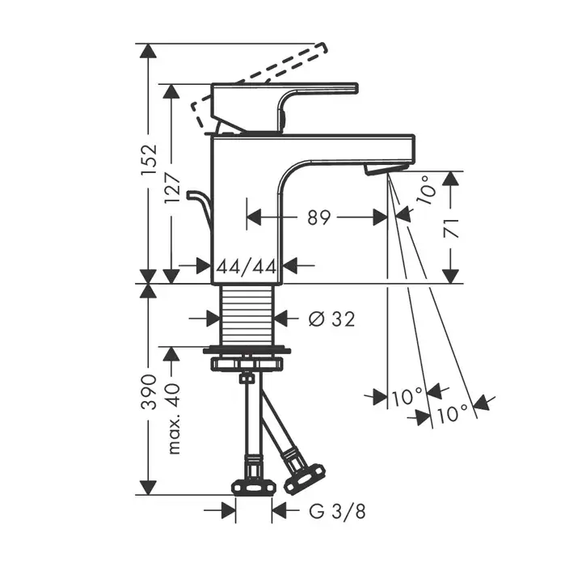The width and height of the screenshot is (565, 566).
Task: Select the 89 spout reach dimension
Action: pos(320,218)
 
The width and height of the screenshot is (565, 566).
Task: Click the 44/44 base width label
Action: pos(246,265)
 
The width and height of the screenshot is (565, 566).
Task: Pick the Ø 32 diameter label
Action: pos(332,319)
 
